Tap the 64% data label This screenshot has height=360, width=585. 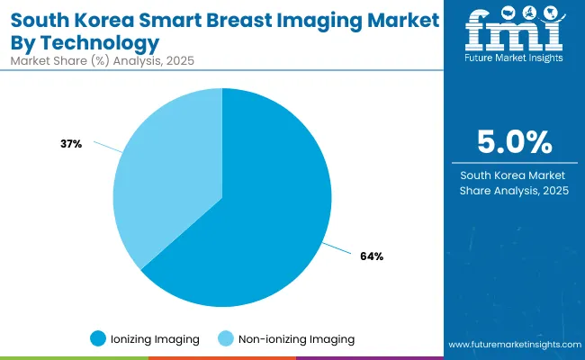(372, 256)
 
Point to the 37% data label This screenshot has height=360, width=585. (71, 143)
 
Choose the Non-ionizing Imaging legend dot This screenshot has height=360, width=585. (226, 338)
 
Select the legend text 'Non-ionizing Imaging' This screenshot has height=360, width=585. (296, 339)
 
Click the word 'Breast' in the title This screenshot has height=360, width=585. (240, 18)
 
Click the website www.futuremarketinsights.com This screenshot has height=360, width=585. (512, 345)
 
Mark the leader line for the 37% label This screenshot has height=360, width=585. (106, 146)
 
